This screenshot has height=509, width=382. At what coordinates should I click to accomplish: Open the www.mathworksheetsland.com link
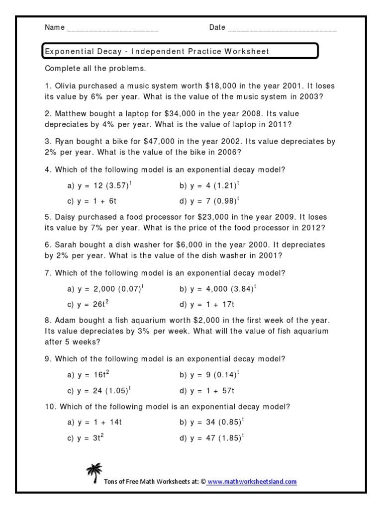click(x=252, y=482)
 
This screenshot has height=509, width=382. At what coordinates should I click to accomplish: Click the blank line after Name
click(x=112, y=28)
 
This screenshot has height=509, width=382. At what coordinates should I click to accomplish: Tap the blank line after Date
click(x=282, y=28)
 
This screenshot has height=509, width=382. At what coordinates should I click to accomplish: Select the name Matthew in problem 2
click(x=72, y=114)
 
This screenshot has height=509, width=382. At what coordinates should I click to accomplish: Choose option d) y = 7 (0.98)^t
click(x=209, y=201)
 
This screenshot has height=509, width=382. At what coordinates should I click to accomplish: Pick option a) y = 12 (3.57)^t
click(x=99, y=185)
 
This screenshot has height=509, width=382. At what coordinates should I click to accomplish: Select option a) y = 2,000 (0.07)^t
click(x=105, y=289)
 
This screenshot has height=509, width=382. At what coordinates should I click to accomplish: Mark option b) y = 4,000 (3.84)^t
click(x=217, y=289)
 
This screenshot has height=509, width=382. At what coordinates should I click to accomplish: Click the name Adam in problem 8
click(x=65, y=321)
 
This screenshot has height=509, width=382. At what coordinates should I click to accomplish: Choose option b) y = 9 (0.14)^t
click(x=209, y=374)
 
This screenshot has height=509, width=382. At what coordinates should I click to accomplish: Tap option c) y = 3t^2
click(x=86, y=438)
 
